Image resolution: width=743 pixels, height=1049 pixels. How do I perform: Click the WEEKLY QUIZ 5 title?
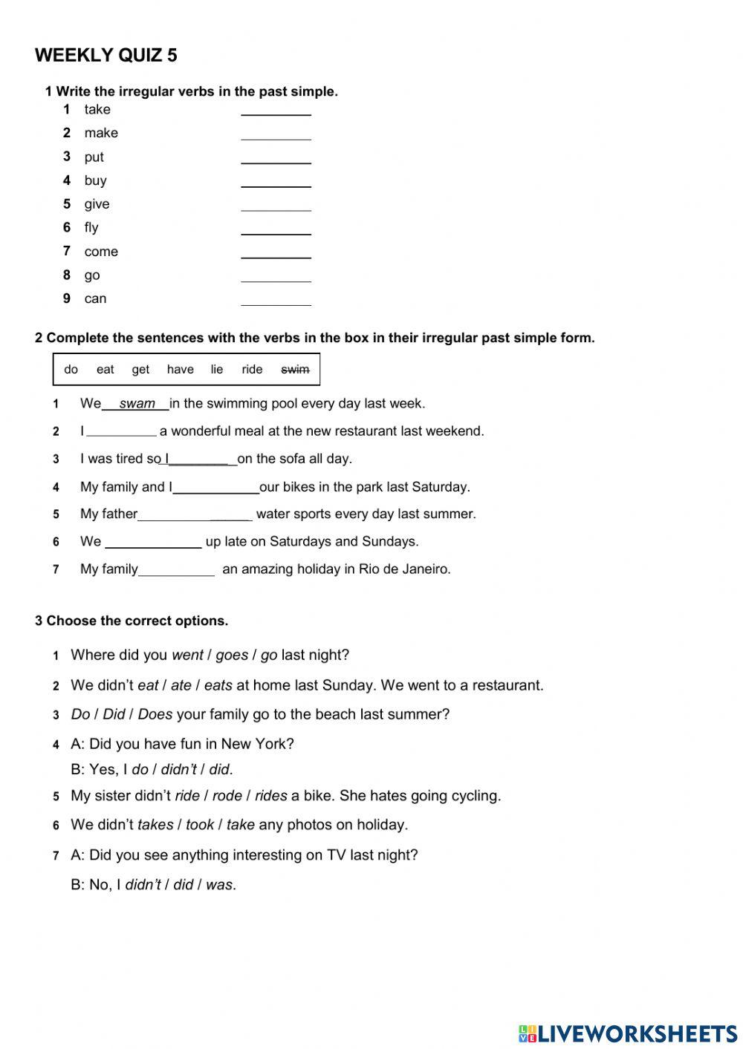coord(106,56)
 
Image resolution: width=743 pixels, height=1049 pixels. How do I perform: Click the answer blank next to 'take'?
coord(276,110)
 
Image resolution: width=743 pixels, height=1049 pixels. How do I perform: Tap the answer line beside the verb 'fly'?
coord(276,229)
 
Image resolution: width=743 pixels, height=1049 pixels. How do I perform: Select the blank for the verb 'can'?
coord(276,299)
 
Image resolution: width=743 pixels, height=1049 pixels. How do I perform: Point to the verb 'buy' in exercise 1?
coord(95,180)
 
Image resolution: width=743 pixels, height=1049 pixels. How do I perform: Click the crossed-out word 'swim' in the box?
coord(295,370)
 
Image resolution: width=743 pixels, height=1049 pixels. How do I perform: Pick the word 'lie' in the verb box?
coord(216,370)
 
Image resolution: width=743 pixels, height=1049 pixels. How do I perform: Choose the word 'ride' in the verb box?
coord(252,370)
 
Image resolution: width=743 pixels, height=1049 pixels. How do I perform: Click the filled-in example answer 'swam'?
coord(137,404)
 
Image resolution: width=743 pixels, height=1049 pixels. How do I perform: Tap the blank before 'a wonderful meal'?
coord(121,431)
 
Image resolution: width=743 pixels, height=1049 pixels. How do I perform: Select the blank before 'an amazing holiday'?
coord(176,570)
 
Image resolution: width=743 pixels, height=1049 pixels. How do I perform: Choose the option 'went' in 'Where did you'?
coord(187,656)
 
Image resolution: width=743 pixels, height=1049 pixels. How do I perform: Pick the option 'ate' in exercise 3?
coord(181,686)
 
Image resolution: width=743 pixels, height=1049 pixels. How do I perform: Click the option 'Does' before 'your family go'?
coord(155,715)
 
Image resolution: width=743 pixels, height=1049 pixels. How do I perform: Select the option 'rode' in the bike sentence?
coord(227,797)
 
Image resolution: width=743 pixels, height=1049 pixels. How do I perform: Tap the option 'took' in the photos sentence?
coord(199,825)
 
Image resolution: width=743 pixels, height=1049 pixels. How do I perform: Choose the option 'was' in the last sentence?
coord(219,885)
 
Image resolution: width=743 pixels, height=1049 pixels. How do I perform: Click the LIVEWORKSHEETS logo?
coord(627,1033)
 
